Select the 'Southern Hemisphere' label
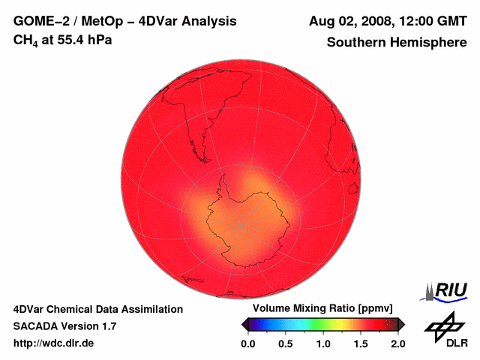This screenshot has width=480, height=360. click(x=396, y=43)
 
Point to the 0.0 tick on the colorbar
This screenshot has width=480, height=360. click(x=248, y=343)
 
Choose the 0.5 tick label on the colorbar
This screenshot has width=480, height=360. click(x=286, y=343)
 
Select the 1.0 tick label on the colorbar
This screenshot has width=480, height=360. click(x=323, y=343)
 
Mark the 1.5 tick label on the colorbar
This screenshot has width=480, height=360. click(x=361, y=343)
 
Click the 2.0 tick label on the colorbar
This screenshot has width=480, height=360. click(x=397, y=343)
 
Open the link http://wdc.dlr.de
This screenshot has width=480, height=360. click(x=54, y=343)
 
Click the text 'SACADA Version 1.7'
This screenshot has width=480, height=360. click(x=64, y=326)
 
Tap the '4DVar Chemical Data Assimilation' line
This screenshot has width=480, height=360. click(x=97, y=309)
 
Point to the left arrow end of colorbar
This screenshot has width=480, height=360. click(x=244, y=323)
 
